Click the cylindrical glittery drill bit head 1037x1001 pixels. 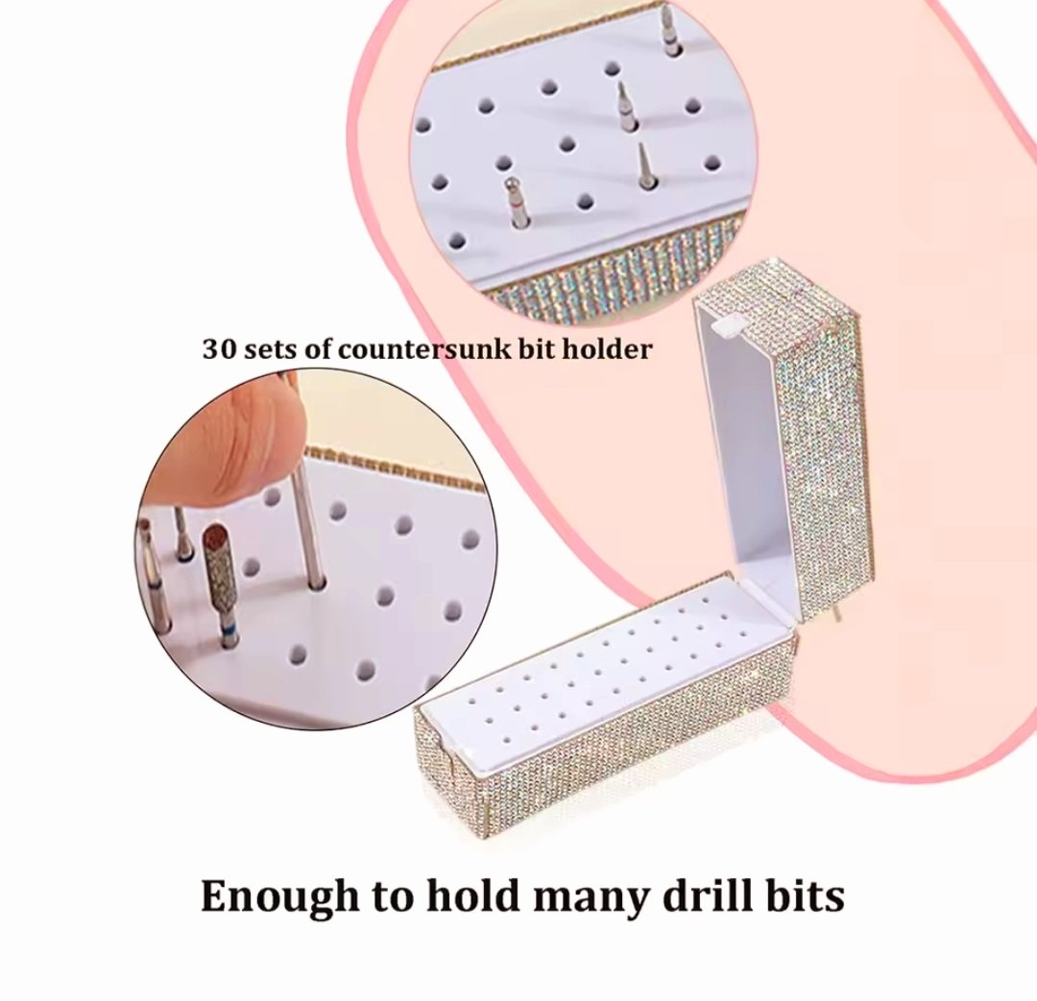pos(218,568)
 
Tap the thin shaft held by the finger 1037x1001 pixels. pos(311,522)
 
